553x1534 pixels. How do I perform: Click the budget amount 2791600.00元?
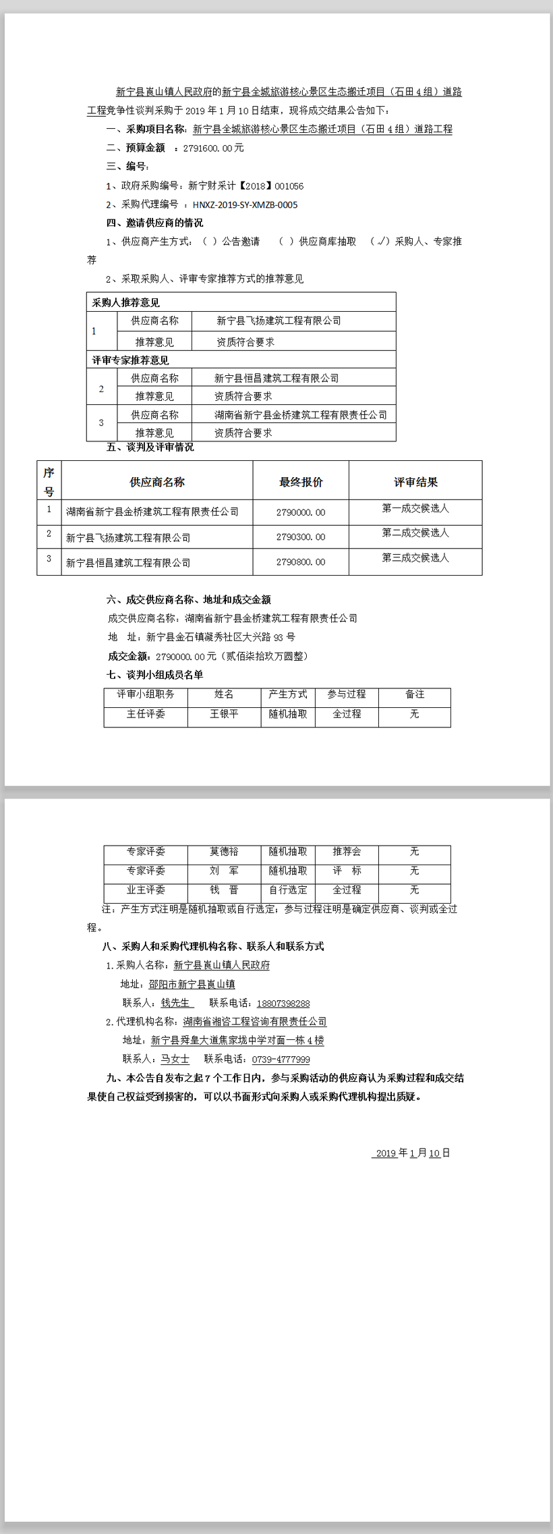pyautogui.click(x=213, y=148)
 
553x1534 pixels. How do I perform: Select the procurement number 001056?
pyautogui.click(x=289, y=186)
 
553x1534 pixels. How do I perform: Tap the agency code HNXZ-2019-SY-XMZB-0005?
pyautogui.click(x=245, y=204)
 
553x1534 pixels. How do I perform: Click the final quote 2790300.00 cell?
pyautogui.click(x=301, y=537)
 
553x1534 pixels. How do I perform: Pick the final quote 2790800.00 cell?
pyautogui.click(x=301, y=562)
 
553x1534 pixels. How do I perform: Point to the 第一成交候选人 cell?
pyautogui.click(x=415, y=508)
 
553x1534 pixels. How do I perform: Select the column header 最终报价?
pyautogui.click(x=301, y=482)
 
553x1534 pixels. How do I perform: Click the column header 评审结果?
pyautogui.click(x=415, y=482)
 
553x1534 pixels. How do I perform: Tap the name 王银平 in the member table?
pyautogui.click(x=224, y=713)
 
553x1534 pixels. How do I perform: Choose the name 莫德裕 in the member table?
pyautogui.click(x=224, y=852)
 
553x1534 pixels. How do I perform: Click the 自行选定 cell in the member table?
pyautogui.click(x=288, y=889)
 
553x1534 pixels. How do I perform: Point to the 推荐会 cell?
pyautogui.click(x=347, y=852)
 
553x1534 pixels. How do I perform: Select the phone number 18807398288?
pyautogui.click(x=283, y=1004)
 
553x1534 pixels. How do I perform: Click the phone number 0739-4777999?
pyautogui.click(x=281, y=1060)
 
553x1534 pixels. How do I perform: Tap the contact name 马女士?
pyautogui.click(x=175, y=1059)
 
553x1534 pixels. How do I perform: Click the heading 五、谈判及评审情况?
pyautogui.click(x=150, y=447)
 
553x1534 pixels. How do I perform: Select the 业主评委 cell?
pyautogui.click(x=146, y=889)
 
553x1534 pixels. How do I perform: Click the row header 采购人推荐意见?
pyautogui.click(x=126, y=302)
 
